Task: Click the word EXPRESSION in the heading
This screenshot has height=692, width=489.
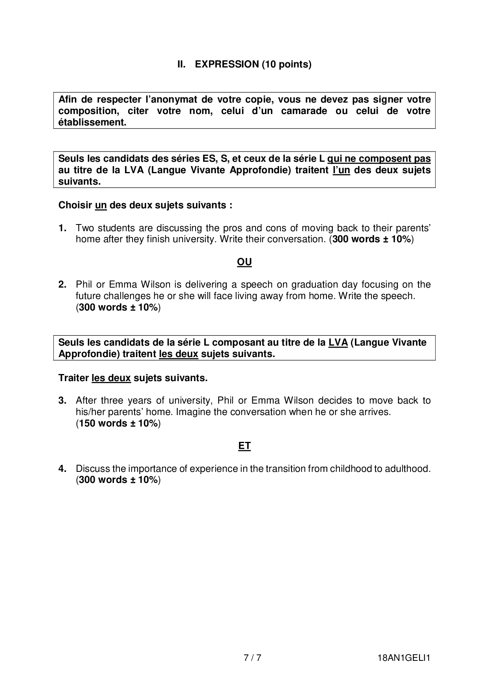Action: (227, 64)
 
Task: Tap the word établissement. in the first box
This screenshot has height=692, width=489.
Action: (92, 122)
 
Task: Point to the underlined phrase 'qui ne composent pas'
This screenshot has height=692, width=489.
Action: (379, 159)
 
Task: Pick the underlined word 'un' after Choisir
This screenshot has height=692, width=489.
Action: (101, 206)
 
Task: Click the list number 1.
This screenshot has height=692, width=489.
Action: (62, 228)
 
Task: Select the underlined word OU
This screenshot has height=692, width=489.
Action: (244, 262)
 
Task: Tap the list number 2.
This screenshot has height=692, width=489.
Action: (62, 284)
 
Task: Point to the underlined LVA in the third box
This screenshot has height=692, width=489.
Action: (338, 342)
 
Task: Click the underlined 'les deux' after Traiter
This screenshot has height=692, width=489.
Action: (111, 378)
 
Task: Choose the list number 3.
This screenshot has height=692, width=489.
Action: (62, 400)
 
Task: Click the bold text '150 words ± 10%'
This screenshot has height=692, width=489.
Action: (118, 423)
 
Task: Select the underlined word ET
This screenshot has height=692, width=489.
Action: (244, 446)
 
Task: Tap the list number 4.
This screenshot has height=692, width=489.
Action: (62, 469)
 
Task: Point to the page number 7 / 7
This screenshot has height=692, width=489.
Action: (252, 658)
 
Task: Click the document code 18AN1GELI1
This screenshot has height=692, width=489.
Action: (403, 658)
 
